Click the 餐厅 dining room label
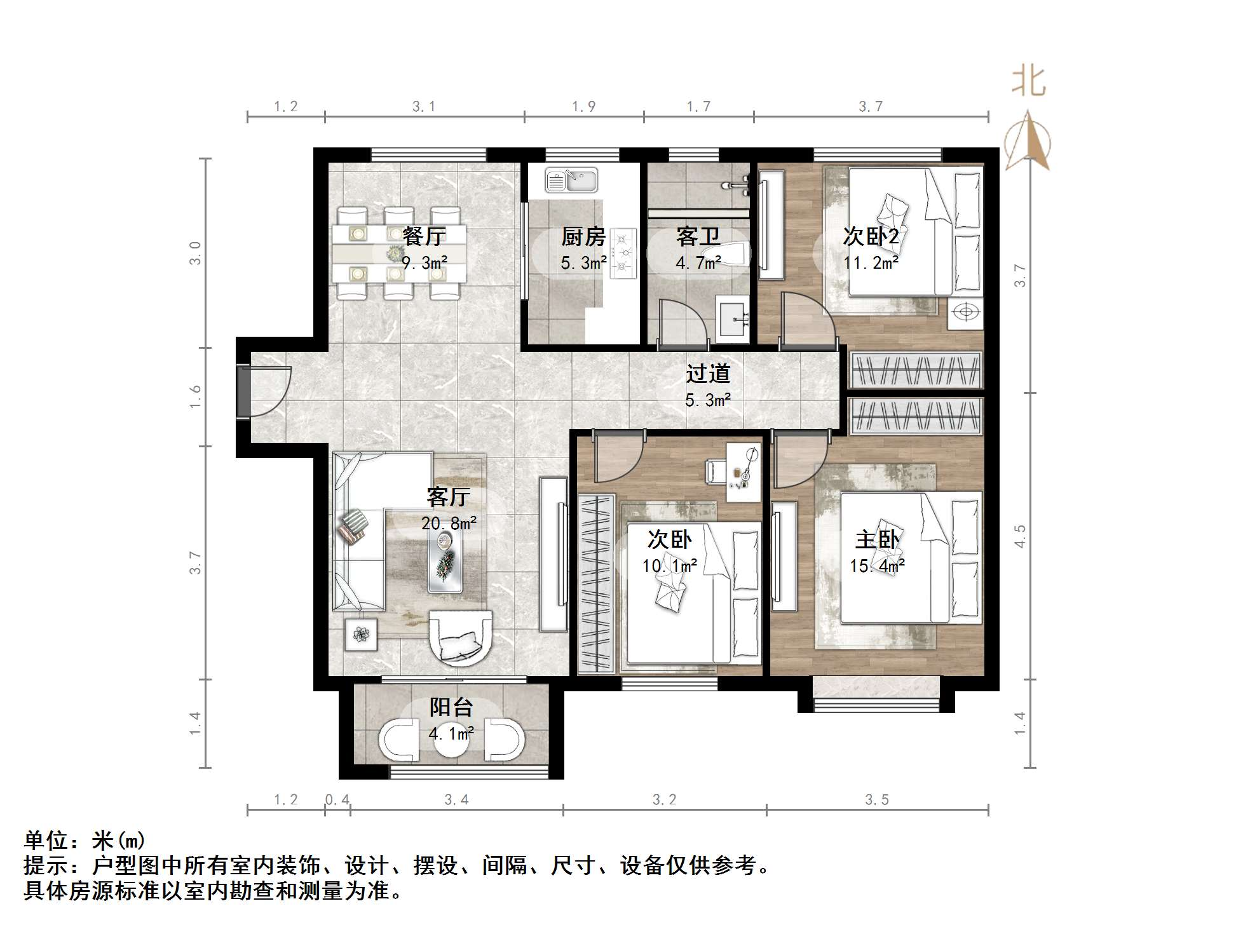(424, 236)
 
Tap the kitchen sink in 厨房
(571, 180)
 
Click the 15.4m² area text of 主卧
(877, 565)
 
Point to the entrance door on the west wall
(244, 391)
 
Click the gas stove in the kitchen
(623, 254)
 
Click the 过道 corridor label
(707, 374)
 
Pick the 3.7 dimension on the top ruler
(871, 107)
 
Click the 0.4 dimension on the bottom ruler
(337, 800)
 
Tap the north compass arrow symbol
(1028, 142)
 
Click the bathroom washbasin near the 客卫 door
(734, 317)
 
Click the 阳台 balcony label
(451, 708)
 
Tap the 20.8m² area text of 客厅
(449, 524)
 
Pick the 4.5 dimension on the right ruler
(1019, 536)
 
